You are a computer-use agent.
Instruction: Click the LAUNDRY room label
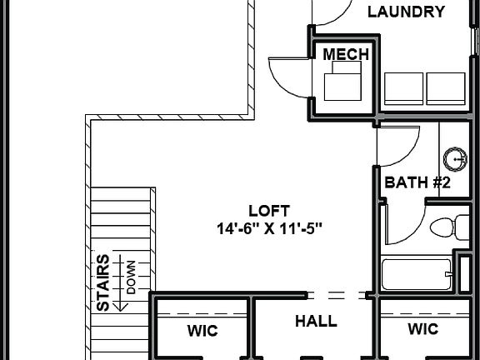pos(405,12)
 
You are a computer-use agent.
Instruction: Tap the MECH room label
pos(345,54)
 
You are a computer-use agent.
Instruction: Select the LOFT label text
pos(269,210)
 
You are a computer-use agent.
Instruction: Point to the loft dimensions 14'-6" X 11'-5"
pos(268,227)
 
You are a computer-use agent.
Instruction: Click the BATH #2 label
pos(417,182)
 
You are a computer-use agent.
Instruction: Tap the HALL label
pos(317,321)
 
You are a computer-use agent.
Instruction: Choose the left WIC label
pos(202,331)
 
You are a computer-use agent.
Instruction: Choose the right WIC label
pos(422,329)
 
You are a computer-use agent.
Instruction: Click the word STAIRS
pos(102,283)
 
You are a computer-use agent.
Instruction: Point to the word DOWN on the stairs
pos(131,277)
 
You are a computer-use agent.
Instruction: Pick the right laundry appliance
pos(447,88)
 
